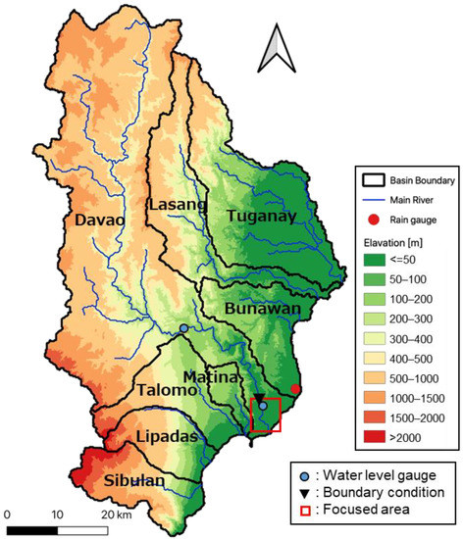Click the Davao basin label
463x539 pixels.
click(x=99, y=220)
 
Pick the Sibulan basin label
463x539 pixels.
click(x=135, y=481)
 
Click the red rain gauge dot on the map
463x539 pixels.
click(x=296, y=390)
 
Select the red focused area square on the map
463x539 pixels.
click(x=266, y=415)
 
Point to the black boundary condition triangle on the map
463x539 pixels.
click(x=259, y=399)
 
